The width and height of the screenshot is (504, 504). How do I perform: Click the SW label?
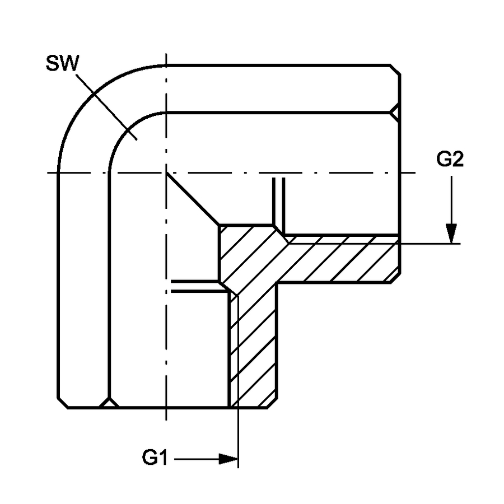coord(62,63)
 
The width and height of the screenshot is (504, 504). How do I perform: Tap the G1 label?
coord(155,458)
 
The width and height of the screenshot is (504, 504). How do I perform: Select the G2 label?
coord(450,159)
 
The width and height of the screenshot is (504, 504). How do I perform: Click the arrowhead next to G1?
coord(228,459)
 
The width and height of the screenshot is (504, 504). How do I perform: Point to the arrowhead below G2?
coord(451,234)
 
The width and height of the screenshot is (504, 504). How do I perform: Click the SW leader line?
coord(106,107)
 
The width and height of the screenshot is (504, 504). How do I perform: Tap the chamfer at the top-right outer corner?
coord(395,70)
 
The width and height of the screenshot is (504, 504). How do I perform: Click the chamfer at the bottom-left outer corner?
coord(63,403)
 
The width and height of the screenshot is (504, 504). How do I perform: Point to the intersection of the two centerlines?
coord(166,173)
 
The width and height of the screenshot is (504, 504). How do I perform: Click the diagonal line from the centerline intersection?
coord(193,199)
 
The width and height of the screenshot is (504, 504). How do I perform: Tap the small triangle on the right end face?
coord(396,113)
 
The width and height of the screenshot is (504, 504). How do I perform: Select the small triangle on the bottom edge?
coord(109,403)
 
